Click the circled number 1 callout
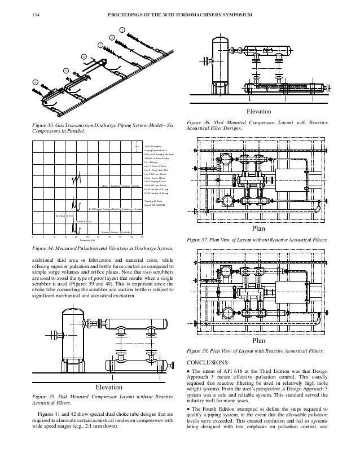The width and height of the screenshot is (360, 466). click(122, 29)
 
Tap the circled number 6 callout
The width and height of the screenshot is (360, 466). click(34, 82)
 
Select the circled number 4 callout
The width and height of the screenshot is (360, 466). click(83, 57)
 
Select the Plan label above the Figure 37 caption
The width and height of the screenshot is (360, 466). click(258, 230)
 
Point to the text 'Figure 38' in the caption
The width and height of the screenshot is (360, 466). click(195, 351)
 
